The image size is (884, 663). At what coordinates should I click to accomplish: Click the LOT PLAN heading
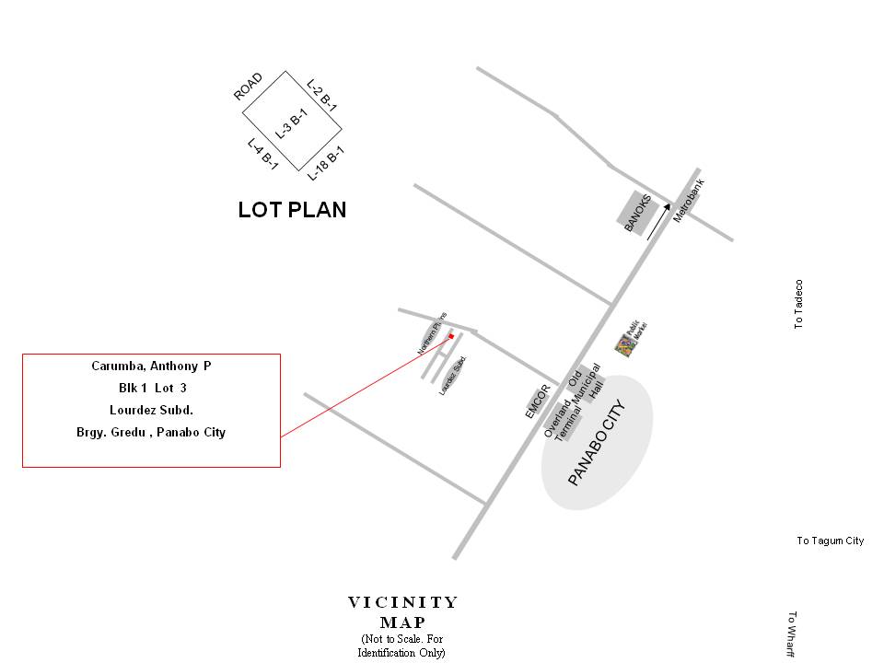[292, 210]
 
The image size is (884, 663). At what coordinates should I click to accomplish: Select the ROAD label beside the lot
[248, 87]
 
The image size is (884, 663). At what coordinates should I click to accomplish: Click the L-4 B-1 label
[262, 154]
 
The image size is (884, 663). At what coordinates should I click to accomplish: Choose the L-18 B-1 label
[326, 163]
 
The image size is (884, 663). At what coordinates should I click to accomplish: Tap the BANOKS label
[638, 213]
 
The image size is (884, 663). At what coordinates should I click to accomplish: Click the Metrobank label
[688, 200]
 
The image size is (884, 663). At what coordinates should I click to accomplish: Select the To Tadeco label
[798, 305]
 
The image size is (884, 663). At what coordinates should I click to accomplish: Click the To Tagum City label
[830, 541]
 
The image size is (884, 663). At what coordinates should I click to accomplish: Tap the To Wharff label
[792, 635]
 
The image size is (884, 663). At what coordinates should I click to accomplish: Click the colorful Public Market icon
[626, 346]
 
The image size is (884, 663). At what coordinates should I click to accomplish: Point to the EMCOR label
[536, 401]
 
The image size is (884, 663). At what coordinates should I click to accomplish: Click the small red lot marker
[451, 336]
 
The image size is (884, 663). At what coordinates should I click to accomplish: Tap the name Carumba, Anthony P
[151, 366]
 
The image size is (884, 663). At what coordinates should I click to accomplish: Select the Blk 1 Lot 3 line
[152, 389]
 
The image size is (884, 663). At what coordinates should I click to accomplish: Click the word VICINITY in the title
[402, 603]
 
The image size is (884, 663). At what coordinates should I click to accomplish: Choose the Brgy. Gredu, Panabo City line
[151, 432]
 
